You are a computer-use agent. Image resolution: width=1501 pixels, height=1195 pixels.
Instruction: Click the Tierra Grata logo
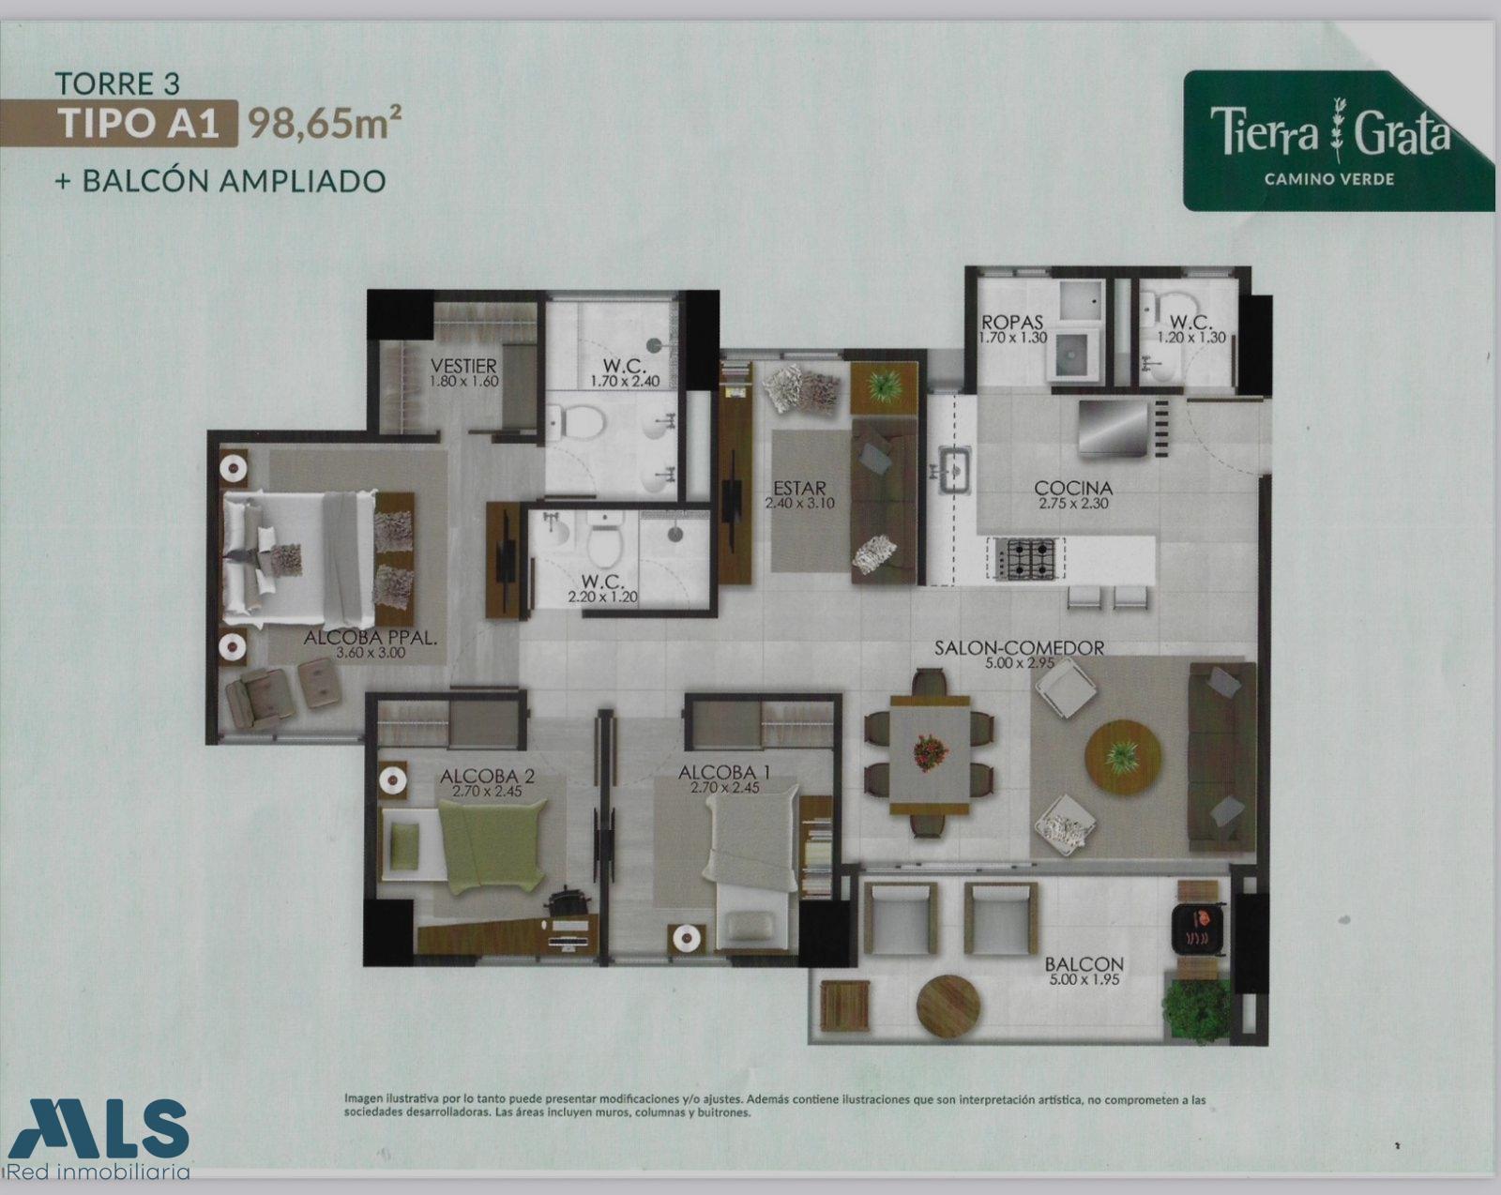click(x=1338, y=141)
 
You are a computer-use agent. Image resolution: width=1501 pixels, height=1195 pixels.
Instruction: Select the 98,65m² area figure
click(x=325, y=124)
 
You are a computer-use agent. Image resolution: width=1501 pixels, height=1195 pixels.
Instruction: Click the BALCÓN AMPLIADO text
click(x=233, y=181)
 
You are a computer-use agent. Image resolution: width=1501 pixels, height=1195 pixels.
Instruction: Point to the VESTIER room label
click(x=463, y=366)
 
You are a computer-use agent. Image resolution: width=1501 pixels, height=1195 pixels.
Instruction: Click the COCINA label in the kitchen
click(x=1072, y=488)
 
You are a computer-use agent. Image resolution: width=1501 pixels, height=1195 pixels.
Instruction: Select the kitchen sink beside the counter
click(x=952, y=470)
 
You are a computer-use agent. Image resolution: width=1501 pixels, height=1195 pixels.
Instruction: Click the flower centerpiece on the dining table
click(x=931, y=752)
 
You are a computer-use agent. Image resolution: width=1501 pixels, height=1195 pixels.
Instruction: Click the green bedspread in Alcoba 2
click(x=492, y=845)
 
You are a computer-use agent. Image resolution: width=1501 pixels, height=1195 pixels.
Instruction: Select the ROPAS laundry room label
click(x=1012, y=322)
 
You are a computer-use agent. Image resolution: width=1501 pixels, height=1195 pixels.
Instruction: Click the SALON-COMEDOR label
click(x=1019, y=648)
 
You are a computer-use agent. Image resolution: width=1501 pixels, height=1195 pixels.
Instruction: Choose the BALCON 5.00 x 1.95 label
click(x=1084, y=972)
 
